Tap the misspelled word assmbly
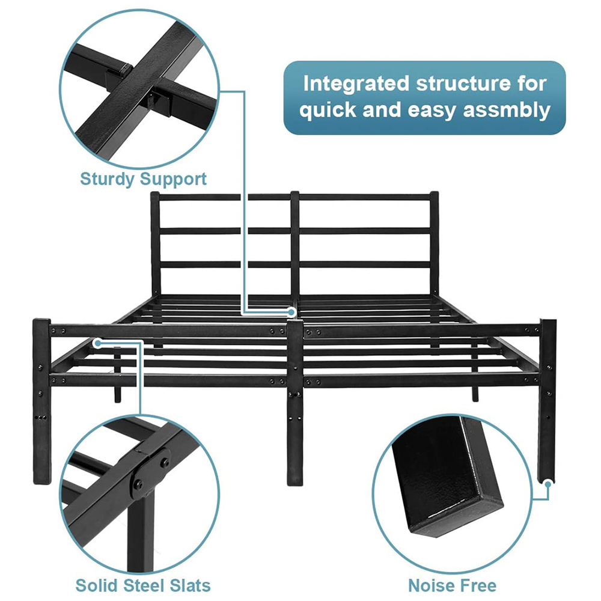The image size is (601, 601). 507,111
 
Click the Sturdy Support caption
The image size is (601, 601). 144,179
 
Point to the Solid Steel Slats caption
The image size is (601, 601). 143,585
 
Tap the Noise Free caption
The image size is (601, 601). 453,585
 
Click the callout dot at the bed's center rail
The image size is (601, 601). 291,313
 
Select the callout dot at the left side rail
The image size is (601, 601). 98,343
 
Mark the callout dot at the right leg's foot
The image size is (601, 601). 548,484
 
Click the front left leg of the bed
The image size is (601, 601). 41,401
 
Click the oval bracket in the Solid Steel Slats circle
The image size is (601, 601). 151,473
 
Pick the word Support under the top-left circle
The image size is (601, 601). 173,179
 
